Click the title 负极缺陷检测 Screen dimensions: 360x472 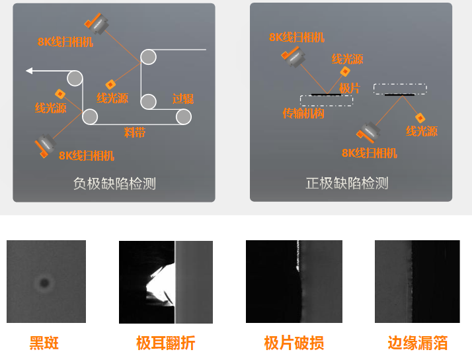[114, 183]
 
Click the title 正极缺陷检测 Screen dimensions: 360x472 [347, 183]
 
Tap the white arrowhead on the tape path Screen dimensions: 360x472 [29, 71]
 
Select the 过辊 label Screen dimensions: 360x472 [183, 99]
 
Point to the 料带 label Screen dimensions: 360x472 [134, 132]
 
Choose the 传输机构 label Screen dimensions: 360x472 [303, 114]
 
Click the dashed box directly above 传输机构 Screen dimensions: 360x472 [326, 100]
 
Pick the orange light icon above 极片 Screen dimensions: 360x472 [344, 71]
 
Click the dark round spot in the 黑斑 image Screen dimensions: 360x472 [44, 284]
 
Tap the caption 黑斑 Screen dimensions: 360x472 [44, 343]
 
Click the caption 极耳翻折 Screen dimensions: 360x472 [165, 343]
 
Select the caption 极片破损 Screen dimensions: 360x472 [294, 343]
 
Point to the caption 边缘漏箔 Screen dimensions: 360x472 [417, 343]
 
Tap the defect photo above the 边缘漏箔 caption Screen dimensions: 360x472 [416, 281]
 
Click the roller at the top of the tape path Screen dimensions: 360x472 [148, 57]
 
